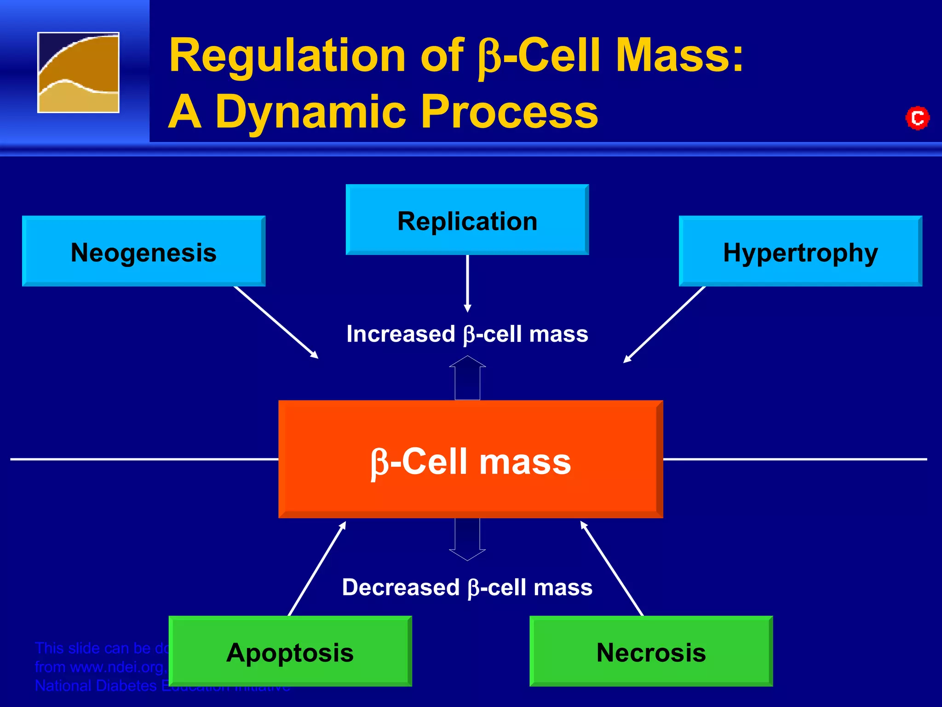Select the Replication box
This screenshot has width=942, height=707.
coord(467,220)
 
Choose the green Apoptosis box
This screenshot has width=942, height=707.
coord(290,651)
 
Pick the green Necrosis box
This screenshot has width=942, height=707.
coord(651,651)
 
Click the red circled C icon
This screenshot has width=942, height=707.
coord(917,118)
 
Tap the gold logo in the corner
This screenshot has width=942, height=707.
coord(78,72)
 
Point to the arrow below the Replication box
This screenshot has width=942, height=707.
coord(467,283)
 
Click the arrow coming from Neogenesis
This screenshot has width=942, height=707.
coord(276,322)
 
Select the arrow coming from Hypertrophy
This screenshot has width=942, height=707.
coord(665,325)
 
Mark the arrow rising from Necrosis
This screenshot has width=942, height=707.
coord(612,568)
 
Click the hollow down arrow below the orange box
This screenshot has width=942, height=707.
coord(467,539)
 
